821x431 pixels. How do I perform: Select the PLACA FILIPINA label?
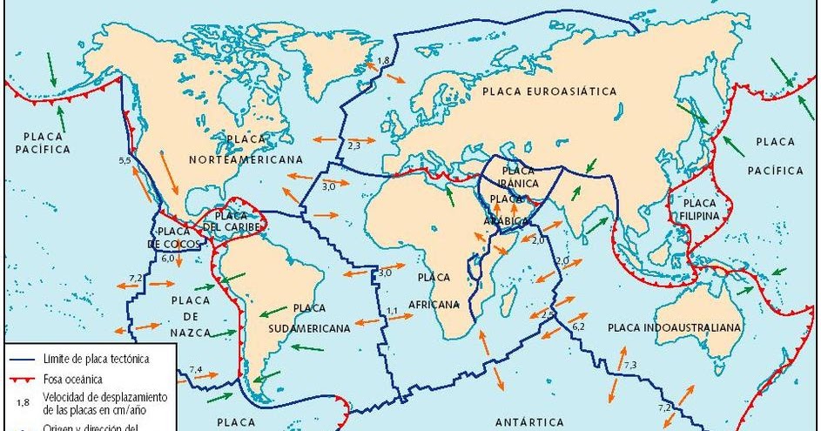(x=695, y=207)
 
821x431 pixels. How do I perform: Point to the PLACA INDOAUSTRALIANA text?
(x=675, y=327)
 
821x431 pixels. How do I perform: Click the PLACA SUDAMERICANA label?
(x=321, y=318)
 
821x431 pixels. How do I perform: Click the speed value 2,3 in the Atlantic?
(x=353, y=145)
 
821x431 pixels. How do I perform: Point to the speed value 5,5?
(x=124, y=161)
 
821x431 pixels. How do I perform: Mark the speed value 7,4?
(x=196, y=370)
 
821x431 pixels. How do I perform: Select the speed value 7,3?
(x=630, y=363)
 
